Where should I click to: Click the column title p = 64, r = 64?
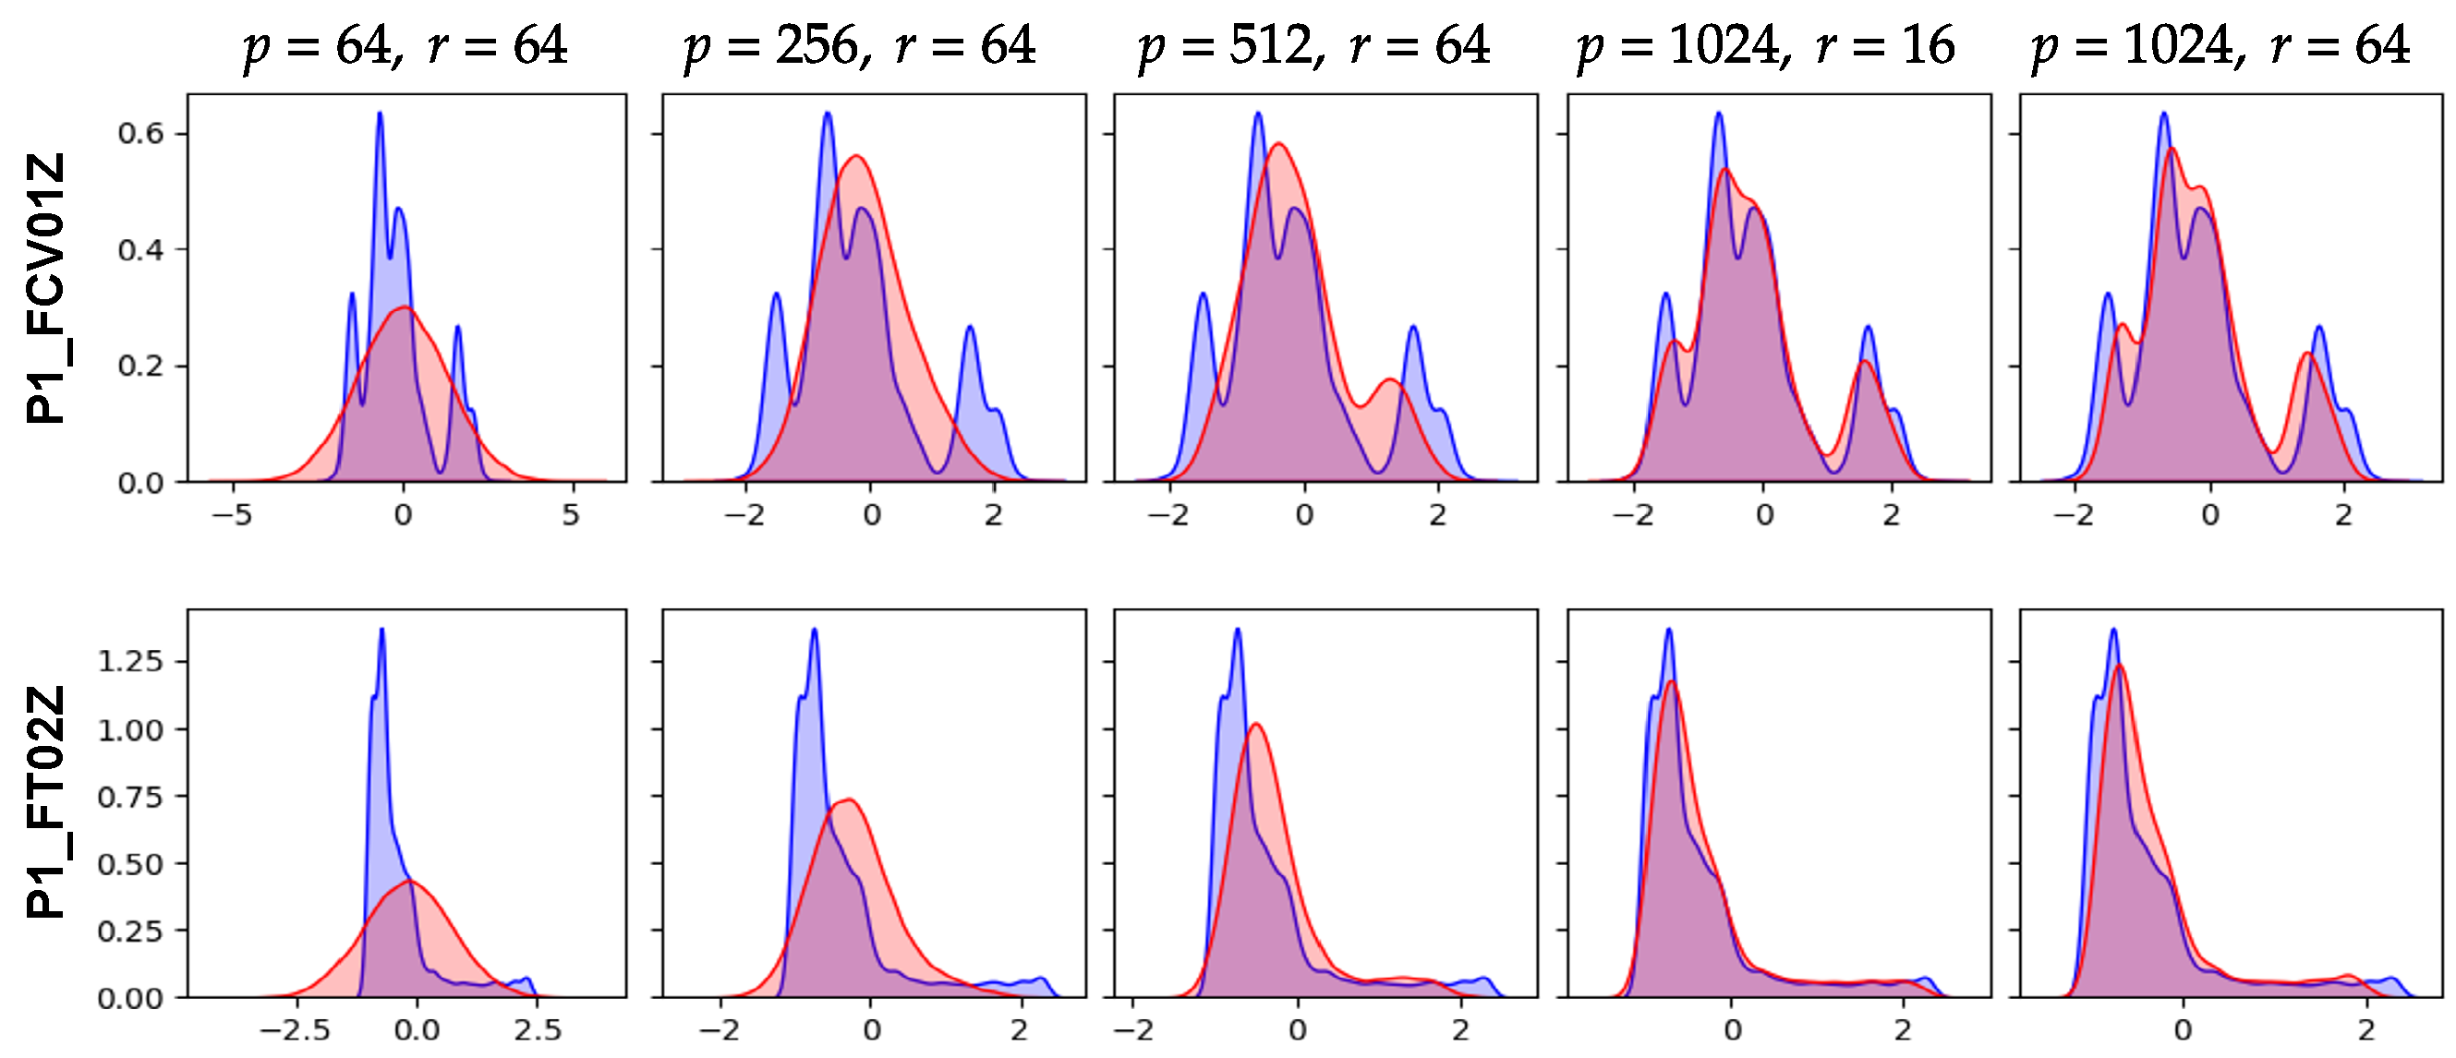pos(405,46)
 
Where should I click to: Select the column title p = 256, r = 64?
pos(859,46)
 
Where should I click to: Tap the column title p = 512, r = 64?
pos(1313,46)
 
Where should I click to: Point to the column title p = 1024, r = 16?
pos(1765,46)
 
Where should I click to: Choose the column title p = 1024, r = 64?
pos(2220,46)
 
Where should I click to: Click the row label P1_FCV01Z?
pos(46,288)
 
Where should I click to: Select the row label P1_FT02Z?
pos(46,801)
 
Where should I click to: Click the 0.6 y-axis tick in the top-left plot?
pos(140,134)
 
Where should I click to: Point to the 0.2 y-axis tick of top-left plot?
pos(140,367)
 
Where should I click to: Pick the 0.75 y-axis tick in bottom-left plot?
pos(129,796)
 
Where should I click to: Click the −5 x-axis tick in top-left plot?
pos(232,516)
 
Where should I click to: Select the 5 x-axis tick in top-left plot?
pos(570,516)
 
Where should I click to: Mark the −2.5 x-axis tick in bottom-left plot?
pos(296,1030)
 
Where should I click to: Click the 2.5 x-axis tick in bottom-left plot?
pos(537,1030)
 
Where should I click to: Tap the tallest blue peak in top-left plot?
pos(380,114)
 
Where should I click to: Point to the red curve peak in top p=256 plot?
pos(856,155)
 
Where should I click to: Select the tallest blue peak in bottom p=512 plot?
pos(1238,629)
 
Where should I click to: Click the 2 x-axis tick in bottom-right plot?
pos(2366,1030)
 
